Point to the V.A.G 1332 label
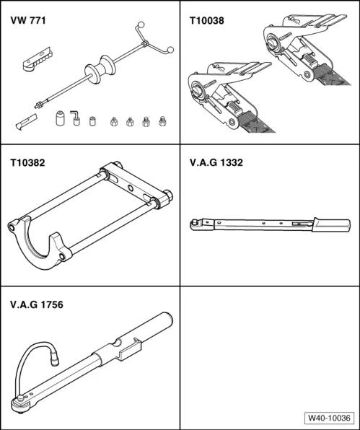(211, 163)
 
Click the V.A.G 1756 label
(37, 304)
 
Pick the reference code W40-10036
(328, 417)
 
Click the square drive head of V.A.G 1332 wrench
(196, 222)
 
